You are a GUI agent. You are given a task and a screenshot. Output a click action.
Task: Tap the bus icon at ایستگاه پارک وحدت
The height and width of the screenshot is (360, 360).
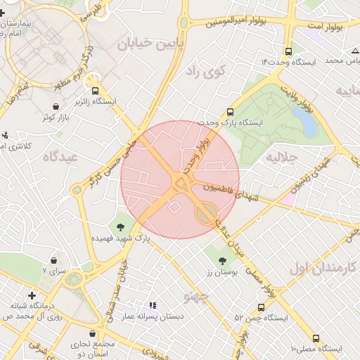pyautogui.click(x=230, y=112)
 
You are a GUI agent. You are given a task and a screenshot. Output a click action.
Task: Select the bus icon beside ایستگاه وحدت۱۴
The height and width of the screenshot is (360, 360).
pyautogui.click(x=288, y=51)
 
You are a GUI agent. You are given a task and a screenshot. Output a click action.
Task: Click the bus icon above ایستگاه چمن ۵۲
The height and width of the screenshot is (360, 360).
pyautogui.click(x=262, y=307)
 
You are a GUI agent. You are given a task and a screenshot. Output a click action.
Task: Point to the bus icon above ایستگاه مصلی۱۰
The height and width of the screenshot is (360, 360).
pyautogui.click(x=316, y=338)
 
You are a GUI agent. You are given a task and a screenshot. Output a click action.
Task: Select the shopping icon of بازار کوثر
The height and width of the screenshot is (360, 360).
pyautogui.click(x=55, y=106)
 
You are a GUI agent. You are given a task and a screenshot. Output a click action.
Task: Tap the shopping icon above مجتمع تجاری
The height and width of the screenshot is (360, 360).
pyautogui.click(x=94, y=333)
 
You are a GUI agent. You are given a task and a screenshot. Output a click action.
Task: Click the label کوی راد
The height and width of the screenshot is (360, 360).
pyautogui.click(x=205, y=71)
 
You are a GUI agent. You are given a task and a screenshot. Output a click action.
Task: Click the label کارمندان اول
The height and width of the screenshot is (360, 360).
pyautogui.click(x=323, y=268)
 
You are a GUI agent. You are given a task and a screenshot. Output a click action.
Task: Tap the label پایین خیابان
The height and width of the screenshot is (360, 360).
pyautogui.click(x=143, y=46)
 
